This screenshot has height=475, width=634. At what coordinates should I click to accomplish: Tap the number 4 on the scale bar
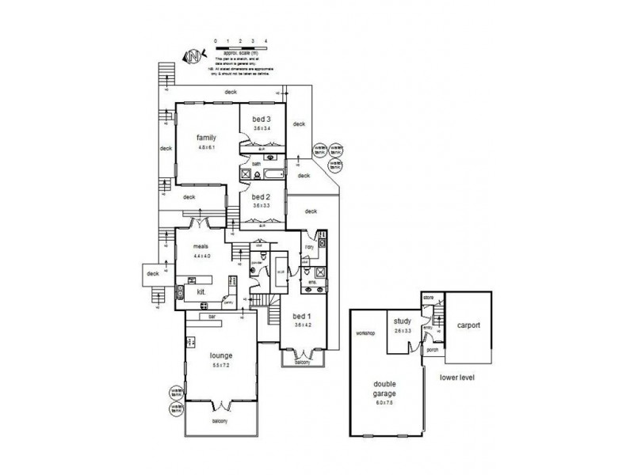click(x=265, y=40)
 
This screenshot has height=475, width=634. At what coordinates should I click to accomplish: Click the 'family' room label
click(x=207, y=137)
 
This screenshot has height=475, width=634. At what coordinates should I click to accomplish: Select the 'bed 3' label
click(x=262, y=119)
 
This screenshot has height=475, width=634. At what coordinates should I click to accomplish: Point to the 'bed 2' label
click(x=262, y=196)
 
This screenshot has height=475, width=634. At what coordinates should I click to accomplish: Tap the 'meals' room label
click(x=201, y=246)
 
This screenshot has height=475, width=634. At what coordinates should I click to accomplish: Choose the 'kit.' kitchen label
click(x=201, y=291)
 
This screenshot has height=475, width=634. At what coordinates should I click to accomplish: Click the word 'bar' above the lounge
click(x=212, y=316)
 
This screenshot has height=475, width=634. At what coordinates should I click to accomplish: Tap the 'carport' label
click(x=468, y=325)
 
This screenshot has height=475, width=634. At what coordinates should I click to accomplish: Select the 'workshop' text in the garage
click(x=365, y=333)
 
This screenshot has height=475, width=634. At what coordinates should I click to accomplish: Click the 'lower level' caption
click(x=457, y=378)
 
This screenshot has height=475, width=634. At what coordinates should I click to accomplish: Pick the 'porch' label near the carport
click(x=433, y=349)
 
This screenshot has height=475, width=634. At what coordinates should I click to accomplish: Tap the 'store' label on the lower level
click(x=429, y=298)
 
